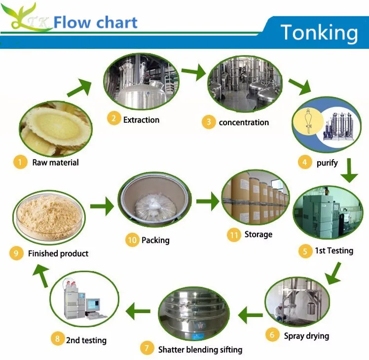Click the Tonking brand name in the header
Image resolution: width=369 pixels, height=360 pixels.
[319, 33]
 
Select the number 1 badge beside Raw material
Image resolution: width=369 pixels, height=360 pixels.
[20, 162]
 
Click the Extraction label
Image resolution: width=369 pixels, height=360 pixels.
[141, 120]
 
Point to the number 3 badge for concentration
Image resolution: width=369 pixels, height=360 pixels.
[209, 122]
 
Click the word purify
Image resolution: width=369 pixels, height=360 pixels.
[327, 163]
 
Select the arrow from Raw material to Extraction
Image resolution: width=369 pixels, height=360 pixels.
[78, 89]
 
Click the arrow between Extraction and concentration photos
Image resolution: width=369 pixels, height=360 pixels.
[193, 73]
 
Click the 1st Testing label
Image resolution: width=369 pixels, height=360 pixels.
[334, 251]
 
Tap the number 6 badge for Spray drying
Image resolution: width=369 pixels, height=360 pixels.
[271, 335]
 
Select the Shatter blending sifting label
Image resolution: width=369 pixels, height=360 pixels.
[200, 350]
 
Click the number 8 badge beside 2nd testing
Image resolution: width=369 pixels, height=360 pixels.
[58, 339]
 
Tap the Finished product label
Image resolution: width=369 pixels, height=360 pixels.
[58, 253]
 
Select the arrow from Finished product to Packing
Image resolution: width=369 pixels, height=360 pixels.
[102, 206]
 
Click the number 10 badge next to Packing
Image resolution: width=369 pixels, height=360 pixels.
[132, 240]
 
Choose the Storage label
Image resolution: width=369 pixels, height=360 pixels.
[258, 235]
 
